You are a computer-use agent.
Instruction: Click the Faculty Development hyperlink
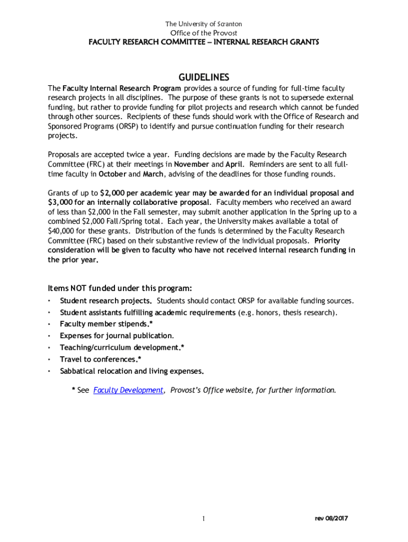tap(128, 390)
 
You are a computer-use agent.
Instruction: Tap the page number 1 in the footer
tap(203, 519)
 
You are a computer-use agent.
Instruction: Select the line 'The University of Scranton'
tap(203, 24)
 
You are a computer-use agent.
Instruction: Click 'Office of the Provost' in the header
tap(203, 33)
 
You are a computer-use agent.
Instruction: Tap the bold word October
tap(112, 174)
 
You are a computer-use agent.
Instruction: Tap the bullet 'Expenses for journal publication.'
tap(117, 336)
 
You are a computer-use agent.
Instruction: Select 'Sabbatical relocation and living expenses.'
tap(132, 371)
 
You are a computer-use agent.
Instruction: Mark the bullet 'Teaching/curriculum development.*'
tap(122, 348)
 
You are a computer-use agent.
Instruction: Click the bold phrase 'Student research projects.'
tap(106, 301)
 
